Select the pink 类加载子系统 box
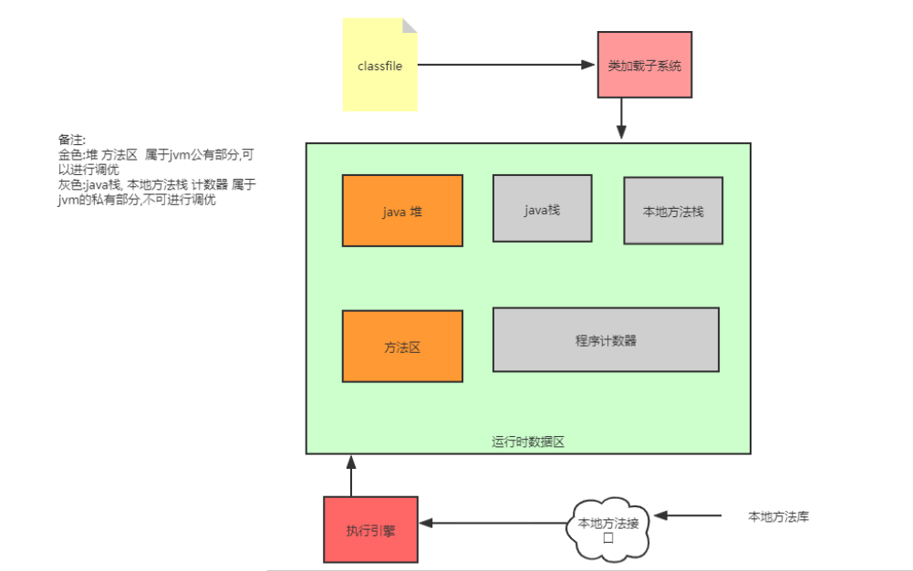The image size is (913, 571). (x=645, y=65)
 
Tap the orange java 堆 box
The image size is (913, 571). (x=402, y=211)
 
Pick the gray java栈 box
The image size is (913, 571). (x=542, y=208)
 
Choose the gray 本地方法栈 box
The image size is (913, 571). (x=673, y=211)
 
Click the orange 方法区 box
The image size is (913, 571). (x=402, y=347)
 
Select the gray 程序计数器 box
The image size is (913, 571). (x=606, y=339)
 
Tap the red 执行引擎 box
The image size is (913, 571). (x=370, y=529)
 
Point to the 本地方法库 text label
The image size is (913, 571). (x=778, y=516)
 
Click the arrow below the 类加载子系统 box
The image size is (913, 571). (x=621, y=119)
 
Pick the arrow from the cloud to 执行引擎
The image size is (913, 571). (x=493, y=523)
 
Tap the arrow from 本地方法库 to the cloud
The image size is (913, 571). (x=689, y=516)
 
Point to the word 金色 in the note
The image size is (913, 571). (x=69, y=155)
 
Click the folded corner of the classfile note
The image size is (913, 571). (x=410, y=26)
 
